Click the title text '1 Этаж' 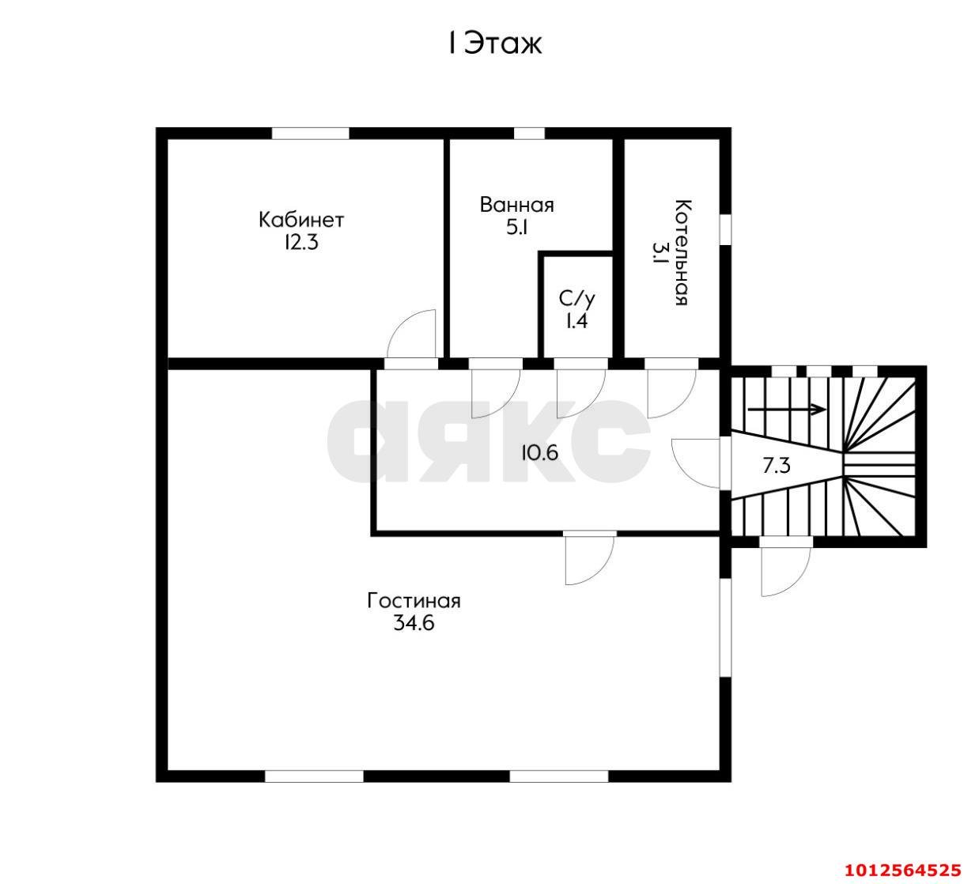point(495,44)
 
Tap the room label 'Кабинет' point(301,220)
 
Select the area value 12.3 point(301,243)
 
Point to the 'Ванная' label point(517,205)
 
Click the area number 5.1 point(517,228)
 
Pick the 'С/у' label point(576,299)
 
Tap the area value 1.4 point(576,321)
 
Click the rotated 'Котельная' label point(682,252)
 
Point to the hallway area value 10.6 point(540,453)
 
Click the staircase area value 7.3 point(777,467)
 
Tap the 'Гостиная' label point(414,601)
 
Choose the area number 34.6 point(414,623)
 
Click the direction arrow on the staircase point(787,409)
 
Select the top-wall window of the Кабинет point(311,133)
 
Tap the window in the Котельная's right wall point(726,230)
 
